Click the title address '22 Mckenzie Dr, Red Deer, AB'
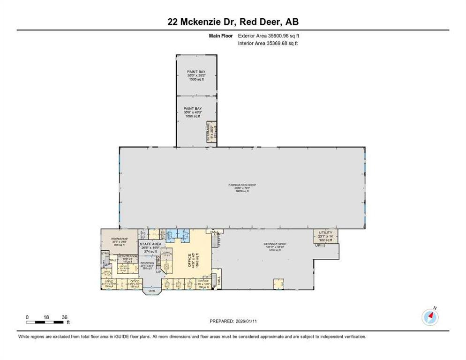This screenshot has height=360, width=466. (x=233, y=22)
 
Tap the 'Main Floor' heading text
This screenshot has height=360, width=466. (x=220, y=36)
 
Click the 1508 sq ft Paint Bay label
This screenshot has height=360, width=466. (x=196, y=75)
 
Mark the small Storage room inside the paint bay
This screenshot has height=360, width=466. (x=211, y=133)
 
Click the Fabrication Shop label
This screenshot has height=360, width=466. (x=242, y=187)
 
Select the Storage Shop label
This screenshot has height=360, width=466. (x=275, y=247)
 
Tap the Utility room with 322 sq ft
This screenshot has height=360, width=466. (x=325, y=236)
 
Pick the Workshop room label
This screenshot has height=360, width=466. (x=119, y=241)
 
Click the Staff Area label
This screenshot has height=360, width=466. (x=150, y=247)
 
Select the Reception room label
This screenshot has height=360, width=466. (x=148, y=266)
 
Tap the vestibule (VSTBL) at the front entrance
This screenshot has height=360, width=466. (x=152, y=292)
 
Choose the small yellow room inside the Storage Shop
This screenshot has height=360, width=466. (x=279, y=283)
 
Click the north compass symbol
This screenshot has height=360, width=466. (x=430, y=317)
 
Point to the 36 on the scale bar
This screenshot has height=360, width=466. (x=64, y=317)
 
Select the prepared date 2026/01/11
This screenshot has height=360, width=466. (x=233, y=321)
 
